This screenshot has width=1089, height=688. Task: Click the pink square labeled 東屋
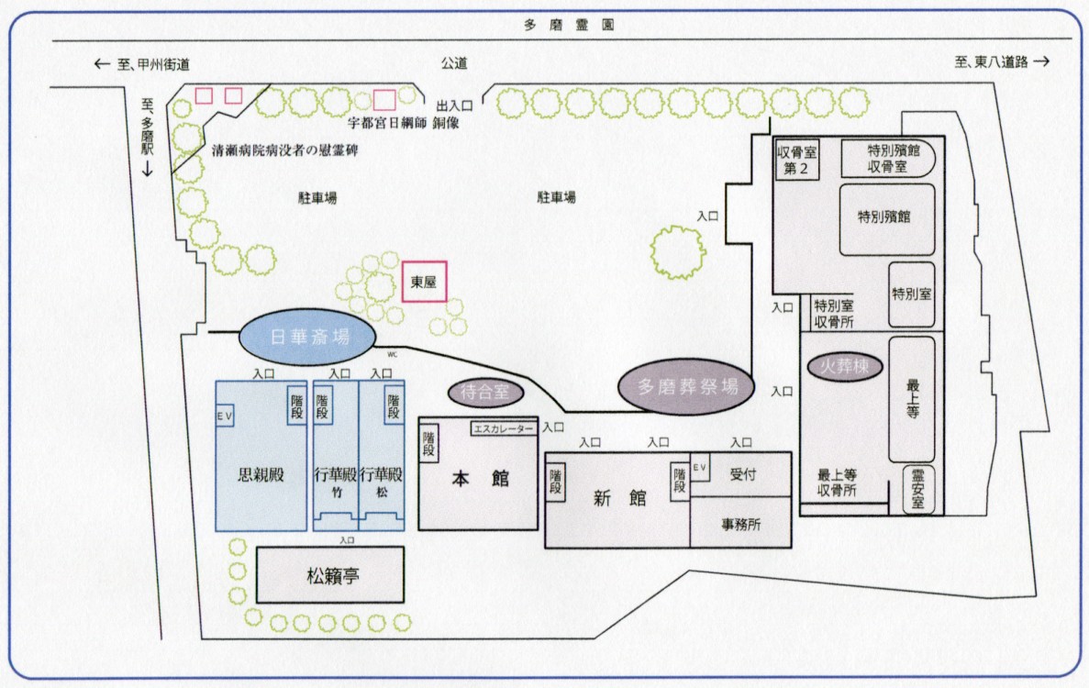424,282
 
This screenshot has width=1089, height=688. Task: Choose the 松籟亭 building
329,575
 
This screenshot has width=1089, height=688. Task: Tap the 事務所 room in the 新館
739,525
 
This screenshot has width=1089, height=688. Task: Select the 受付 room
741,474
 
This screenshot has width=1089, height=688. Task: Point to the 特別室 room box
912,294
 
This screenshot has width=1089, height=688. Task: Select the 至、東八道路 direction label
1000,62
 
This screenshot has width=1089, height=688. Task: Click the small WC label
392,350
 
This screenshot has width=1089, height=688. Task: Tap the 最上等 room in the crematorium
912,399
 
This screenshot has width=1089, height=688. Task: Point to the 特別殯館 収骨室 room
887,157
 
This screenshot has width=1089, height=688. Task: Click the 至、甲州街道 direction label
144,63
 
